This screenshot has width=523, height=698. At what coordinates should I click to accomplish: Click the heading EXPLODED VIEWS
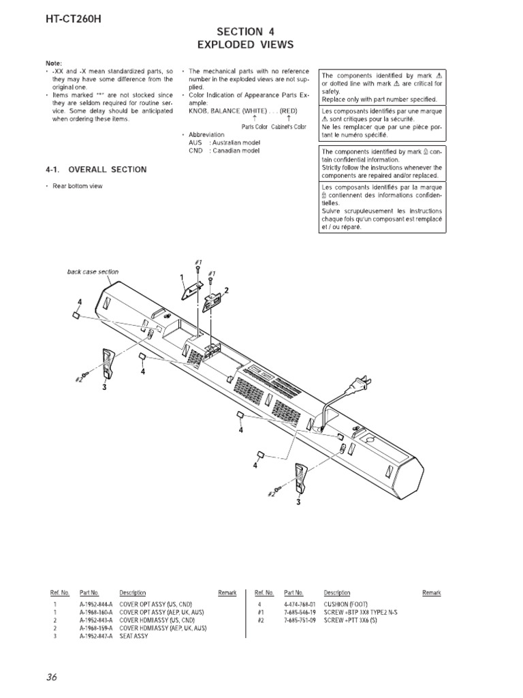[x=245, y=45]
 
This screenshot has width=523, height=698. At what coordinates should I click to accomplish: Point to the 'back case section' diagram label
[x=93, y=271]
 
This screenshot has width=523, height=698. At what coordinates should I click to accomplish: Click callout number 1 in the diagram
[x=183, y=277]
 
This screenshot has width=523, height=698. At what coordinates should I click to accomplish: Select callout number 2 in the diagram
[x=226, y=291]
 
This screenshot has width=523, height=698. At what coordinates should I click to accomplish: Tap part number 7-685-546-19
[x=300, y=611]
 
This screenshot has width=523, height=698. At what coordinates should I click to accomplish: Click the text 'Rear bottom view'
[x=78, y=187]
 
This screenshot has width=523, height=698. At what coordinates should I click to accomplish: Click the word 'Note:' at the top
[x=53, y=63]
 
